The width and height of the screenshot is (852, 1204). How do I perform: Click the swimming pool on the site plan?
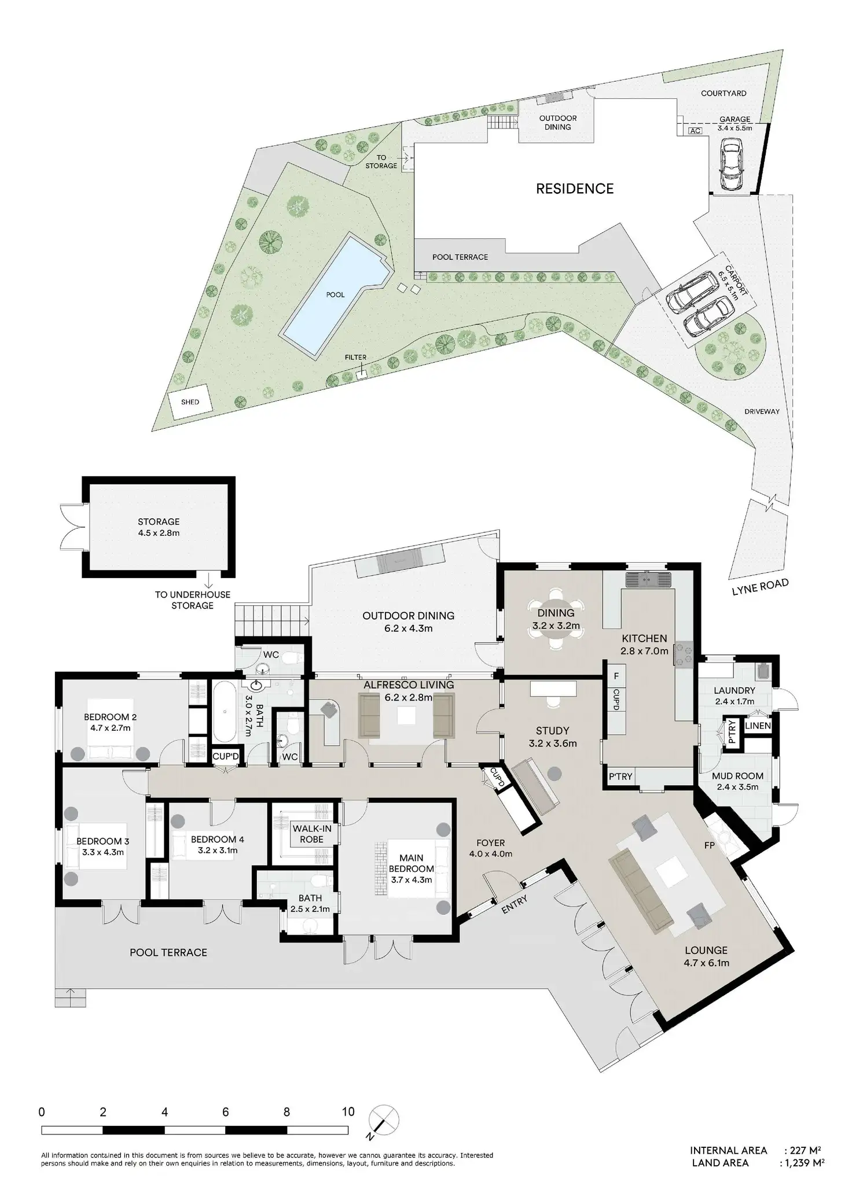(x=333, y=295)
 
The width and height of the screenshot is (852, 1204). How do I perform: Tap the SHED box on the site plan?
(x=190, y=402)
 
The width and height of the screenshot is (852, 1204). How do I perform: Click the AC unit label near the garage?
(x=695, y=131)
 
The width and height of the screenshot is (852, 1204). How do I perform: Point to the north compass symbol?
(x=382, y=1120)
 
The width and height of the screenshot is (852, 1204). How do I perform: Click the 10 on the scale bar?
(x=348, y=1112)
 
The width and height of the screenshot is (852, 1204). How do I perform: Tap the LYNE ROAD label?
(x=760, y=587)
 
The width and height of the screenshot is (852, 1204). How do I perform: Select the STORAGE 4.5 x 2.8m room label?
(x=159, y=527)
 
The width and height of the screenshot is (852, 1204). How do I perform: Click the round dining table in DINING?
(x=556, y=620)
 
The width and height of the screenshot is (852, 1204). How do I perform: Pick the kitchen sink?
(x=647, y=579)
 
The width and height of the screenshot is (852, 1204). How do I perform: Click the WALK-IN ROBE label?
(x=312, y=834)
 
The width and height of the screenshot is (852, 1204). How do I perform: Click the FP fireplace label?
(x=708, y=845)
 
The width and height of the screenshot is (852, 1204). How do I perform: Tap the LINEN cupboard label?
(x=758, y=726)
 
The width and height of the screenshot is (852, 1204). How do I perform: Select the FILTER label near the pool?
(x=355, y=358)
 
